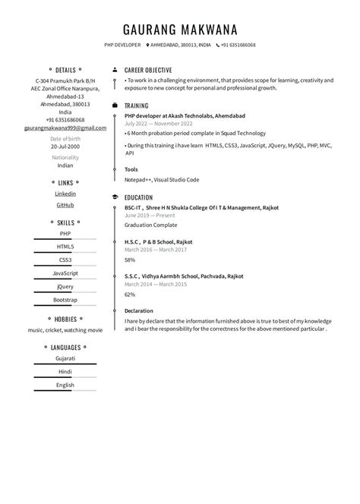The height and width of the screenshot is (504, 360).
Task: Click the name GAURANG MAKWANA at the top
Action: click(x=180, y=30)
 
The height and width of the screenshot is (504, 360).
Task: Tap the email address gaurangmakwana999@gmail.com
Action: click(x=65, y=128)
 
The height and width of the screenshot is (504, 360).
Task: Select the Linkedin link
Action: click(x=65, y=194)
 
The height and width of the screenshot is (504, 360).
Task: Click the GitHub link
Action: click(x=65, y=205)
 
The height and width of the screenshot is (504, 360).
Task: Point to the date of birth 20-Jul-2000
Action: click(x=65, y=146)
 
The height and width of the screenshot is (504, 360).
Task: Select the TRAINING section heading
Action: click(x=137, y=106)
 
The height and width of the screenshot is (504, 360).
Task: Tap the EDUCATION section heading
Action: click(x=139, y=197)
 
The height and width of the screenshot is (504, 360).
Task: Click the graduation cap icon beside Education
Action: click(x=115, y=197)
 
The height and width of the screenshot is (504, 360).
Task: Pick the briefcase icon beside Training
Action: click(x=115, y=106)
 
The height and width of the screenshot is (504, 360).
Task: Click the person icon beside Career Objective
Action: click(x=115, y=69)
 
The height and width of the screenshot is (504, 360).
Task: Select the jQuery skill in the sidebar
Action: click(x=65, y=286)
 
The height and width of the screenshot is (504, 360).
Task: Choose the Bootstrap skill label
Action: click(x=65, y=300)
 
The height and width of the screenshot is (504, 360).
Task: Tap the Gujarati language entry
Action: click(x=65, y=358)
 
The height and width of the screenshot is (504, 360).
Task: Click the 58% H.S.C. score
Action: click(x=130, y=260)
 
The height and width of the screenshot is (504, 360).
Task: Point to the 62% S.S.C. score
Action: click(x=130, y=294)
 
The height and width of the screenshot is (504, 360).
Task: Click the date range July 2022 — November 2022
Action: click(x=157, y=123)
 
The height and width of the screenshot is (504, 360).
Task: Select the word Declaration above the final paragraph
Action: click(x=139, y=310)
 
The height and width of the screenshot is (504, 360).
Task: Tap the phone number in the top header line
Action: click(x=238, y=45)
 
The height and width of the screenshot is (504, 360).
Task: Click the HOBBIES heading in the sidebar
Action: click(x=65, y=320)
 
